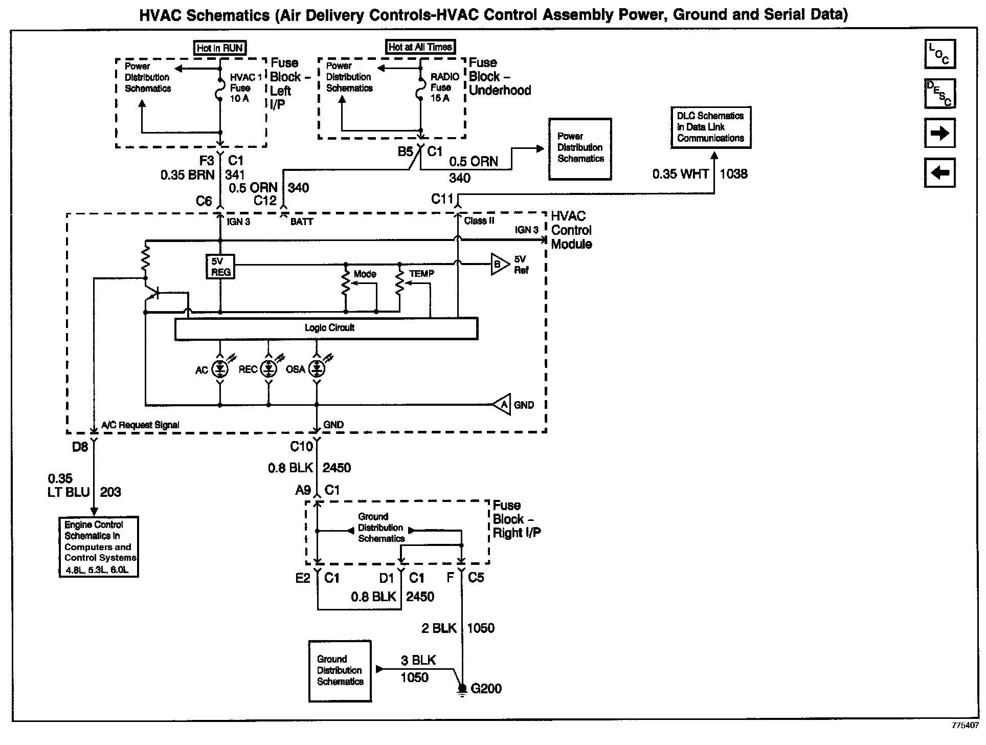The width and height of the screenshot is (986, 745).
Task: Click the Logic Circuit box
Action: click(x=326, y=328)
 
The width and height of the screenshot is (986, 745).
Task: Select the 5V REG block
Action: click(x=220, y=267)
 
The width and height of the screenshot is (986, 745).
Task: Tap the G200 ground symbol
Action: click(x=462, y=690)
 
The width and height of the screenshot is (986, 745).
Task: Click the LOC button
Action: click(x=939, y=54)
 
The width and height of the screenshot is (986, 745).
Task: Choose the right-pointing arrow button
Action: click(x=939, y=134)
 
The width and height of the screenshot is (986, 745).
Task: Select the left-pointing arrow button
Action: click(x=939, y=173)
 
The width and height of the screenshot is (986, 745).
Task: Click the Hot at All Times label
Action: click(x=420, y=47)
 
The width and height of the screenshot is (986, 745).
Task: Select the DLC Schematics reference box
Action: click(x=710, y=127)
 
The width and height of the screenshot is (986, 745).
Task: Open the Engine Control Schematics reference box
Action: click(x=99, y=547)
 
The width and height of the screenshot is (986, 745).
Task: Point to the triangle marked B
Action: click(x=499, y=265)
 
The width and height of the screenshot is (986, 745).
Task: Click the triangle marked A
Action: click(x=503, y=405)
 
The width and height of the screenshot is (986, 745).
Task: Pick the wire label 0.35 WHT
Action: click(x=680, y=174)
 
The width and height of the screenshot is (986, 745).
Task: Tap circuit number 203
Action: click(x=110, y=492)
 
